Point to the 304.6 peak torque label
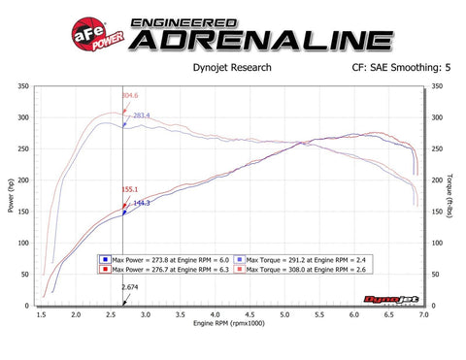129,96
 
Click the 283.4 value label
142,116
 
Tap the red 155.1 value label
129,190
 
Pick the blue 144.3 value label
141,203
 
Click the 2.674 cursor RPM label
129,287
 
